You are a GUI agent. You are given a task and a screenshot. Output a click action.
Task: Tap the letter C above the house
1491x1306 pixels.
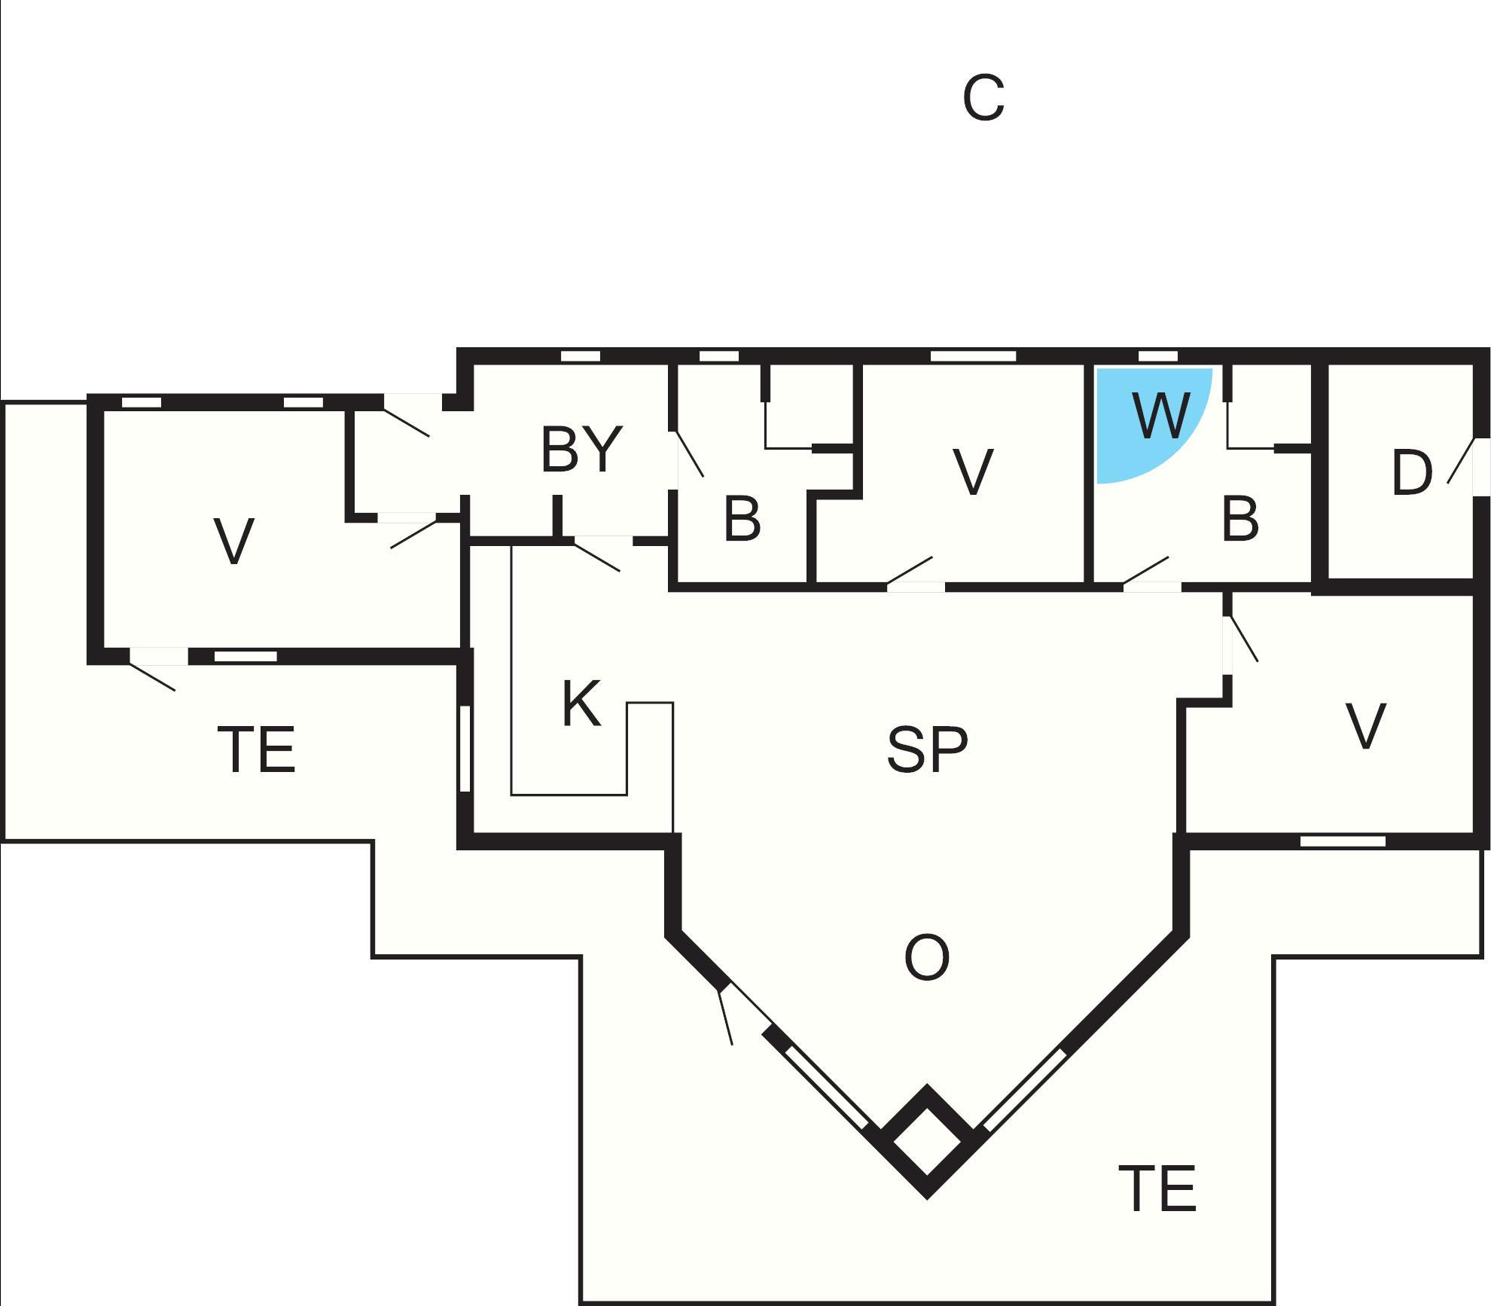point(983,99)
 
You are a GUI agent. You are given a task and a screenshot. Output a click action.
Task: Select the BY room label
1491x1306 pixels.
point(581,450)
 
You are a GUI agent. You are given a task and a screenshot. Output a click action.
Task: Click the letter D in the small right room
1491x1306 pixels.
point(1411,473)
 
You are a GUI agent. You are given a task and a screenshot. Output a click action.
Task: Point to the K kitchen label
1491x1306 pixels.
point(581,703)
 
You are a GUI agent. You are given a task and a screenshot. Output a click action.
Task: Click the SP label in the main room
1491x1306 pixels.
point(927,750)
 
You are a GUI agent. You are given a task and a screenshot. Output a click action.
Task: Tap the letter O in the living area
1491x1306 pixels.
point(926,958)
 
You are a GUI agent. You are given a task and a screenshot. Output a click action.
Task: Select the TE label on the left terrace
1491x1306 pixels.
point(256,749)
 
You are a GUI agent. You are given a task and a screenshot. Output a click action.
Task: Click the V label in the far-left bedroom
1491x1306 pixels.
point(233,541)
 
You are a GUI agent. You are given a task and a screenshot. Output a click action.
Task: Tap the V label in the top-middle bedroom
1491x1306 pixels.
point(972,473)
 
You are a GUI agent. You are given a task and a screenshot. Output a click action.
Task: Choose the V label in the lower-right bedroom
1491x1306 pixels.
point(1365,727)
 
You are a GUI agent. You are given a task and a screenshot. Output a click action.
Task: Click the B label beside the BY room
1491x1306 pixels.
point(742,519)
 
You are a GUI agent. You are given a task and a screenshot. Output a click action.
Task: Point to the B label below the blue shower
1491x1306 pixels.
point(1239,519)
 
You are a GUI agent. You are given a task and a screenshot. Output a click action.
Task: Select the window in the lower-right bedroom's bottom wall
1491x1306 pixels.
point(1343,841)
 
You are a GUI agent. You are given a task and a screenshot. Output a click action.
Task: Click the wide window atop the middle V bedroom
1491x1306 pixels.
point(973,356)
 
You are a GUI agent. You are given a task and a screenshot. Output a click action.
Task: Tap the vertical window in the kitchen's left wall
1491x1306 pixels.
point(465,748)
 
